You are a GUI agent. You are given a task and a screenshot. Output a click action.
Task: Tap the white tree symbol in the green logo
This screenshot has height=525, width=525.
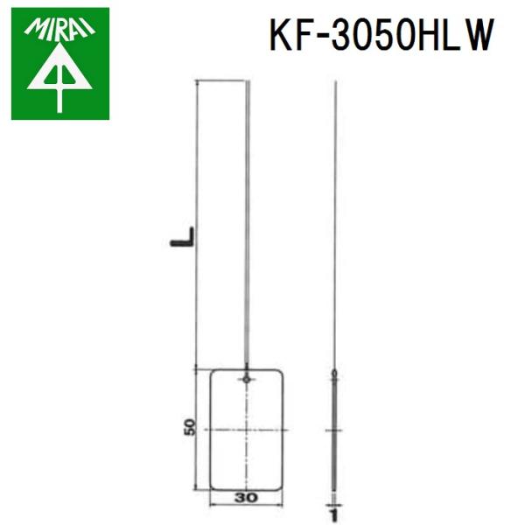pos(59,79)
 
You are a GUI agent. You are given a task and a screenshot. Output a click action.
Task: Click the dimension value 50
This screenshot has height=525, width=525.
pos(188,429)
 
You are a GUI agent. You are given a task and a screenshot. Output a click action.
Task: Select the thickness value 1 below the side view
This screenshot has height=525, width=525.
pos(333,505)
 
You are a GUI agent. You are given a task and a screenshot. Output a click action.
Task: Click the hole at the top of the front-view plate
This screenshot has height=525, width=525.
pos(248,379)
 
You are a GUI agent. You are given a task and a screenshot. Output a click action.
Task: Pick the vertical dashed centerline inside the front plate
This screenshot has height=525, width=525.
pos(248,455)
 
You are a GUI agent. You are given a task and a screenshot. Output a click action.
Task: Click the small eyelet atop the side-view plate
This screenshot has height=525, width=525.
pos(333,377)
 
